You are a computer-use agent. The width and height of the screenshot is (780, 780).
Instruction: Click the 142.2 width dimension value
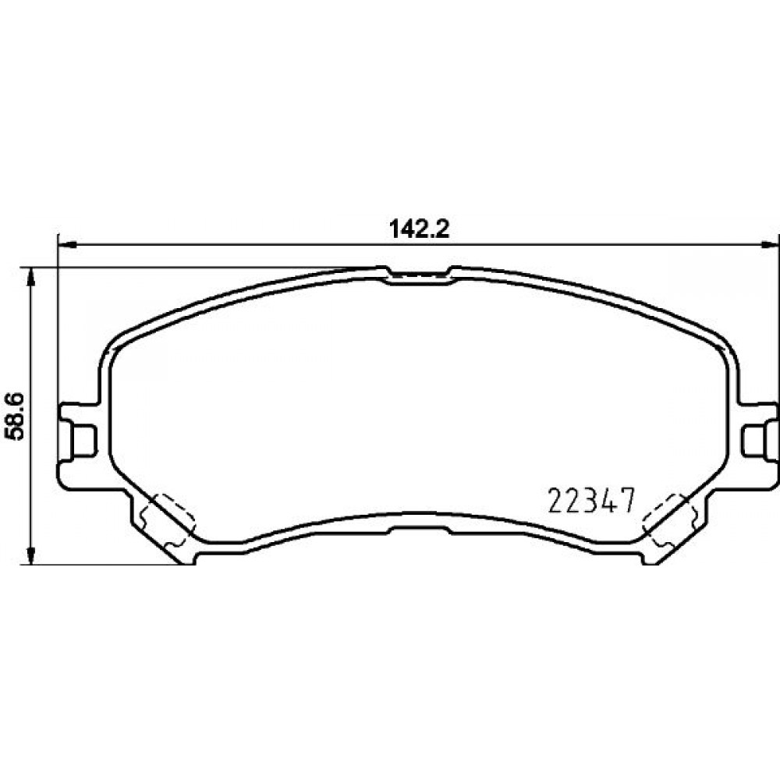click(419, 229)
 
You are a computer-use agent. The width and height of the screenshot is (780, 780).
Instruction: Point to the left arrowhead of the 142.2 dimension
click(67, 244)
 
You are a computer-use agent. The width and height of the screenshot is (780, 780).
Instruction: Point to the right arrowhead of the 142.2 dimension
click(771, 244)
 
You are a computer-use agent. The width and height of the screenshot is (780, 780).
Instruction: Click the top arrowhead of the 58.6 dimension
click(31, 277)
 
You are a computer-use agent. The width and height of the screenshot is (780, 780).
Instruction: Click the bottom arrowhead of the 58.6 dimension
click(31, 555)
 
